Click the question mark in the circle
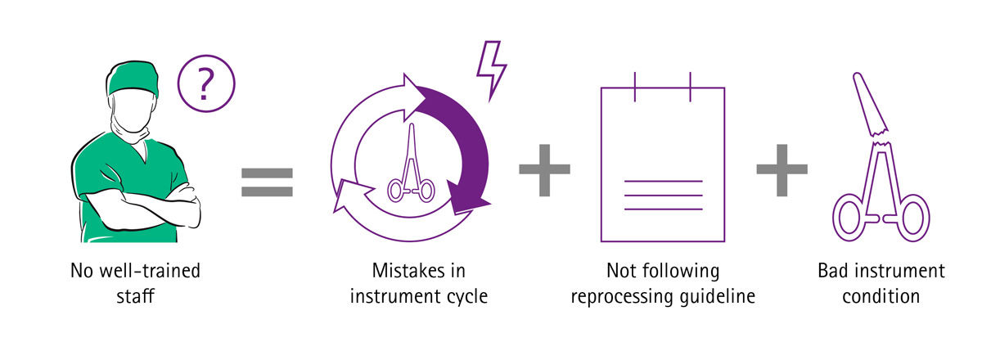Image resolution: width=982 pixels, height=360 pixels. click(x=205, y=83)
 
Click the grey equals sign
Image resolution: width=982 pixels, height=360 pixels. click(x=267, y=182)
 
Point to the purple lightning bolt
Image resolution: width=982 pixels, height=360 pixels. click(x=491, y=70)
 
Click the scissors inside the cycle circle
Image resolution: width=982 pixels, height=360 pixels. click(x=410, y=168)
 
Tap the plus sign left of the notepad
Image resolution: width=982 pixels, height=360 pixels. click(x=544, y=169)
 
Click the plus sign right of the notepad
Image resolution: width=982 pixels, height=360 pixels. click(x=782, y=169)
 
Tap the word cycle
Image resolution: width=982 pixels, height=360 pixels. click(x=466, y=295)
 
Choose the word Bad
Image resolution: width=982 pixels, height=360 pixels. click(x=836, y=271)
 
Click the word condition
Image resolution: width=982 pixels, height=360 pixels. click(x=880, y=295)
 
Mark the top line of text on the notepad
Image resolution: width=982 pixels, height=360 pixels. click(x=663, y=180)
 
